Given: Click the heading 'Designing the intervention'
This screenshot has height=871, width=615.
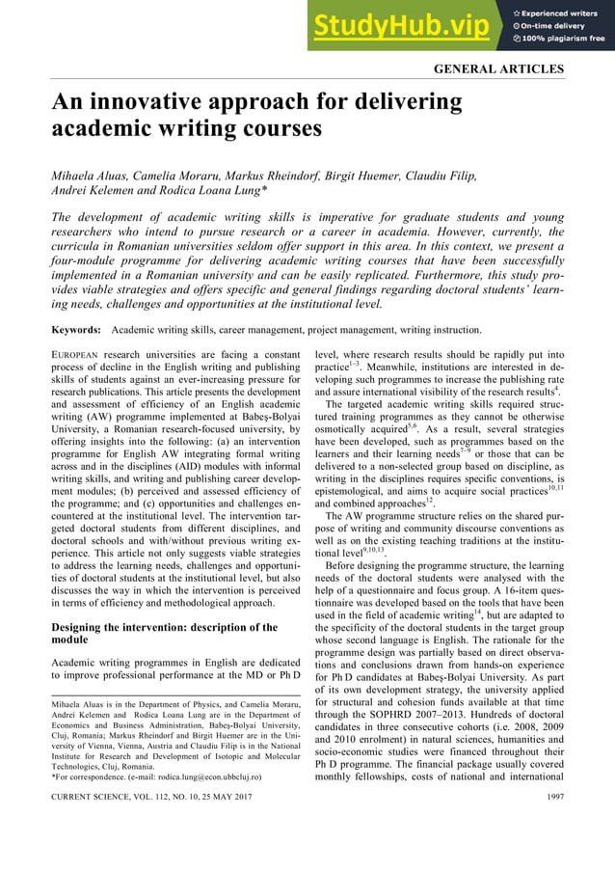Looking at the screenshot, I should (146, 627).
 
